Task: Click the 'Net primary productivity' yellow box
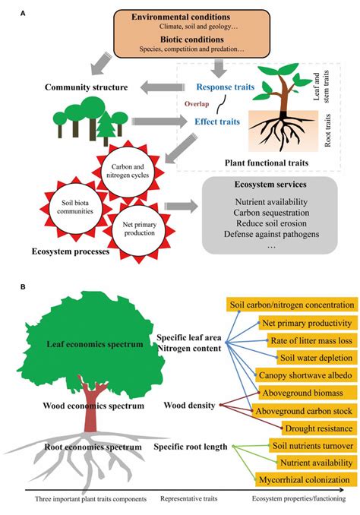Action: coord(305,321)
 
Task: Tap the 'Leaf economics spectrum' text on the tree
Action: coord(94,345)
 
